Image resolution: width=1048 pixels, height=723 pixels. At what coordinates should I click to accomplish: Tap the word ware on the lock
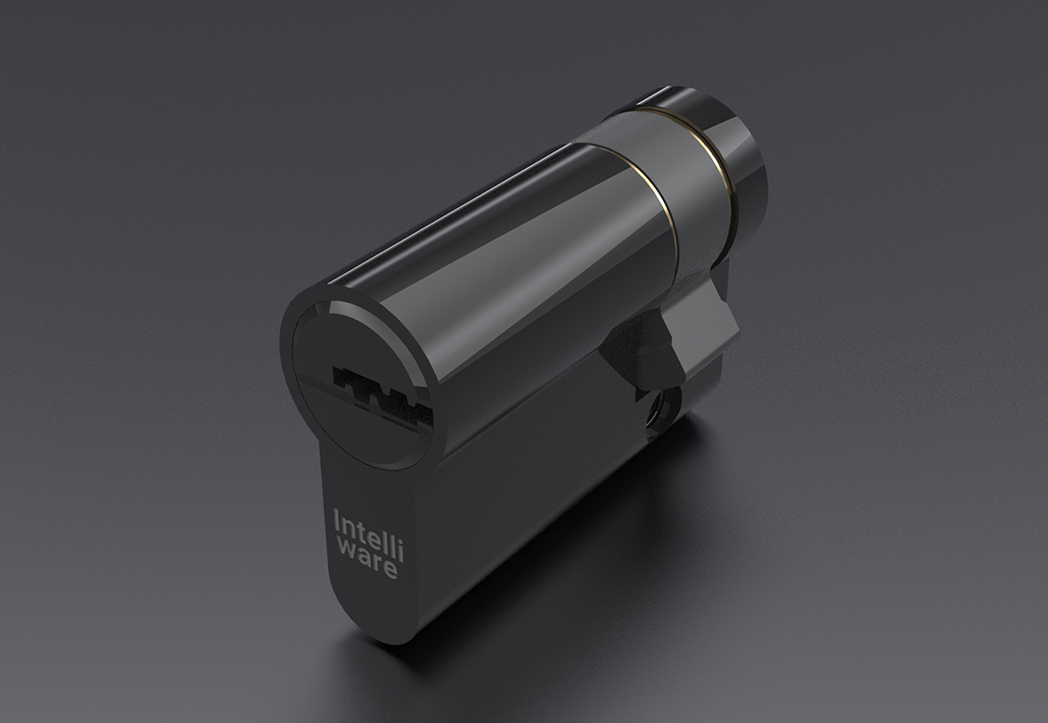point(367,561)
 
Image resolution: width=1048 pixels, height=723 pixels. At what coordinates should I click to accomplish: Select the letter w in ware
point(345,549)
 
